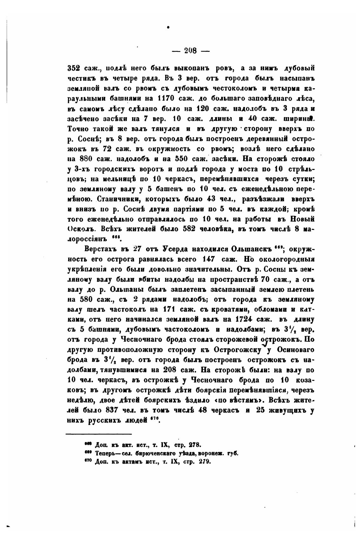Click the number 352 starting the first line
click(x=74, y=68)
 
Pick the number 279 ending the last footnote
click(x=204, y=462)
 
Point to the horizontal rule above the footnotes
click(x=98, y=434)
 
